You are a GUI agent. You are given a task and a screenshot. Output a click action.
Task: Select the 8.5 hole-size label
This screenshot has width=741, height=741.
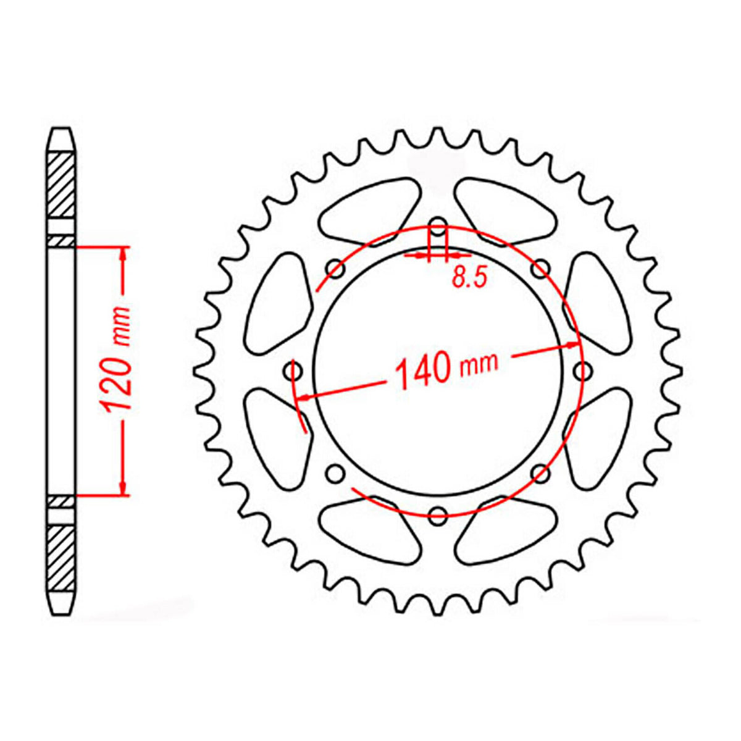point(469,278)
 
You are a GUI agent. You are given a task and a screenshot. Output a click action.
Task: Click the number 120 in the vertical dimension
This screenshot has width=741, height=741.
point(117,387)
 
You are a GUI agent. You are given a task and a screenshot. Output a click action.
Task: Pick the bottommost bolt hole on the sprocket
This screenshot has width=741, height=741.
point(437,513)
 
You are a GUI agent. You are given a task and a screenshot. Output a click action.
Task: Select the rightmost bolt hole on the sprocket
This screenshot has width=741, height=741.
point(582,371)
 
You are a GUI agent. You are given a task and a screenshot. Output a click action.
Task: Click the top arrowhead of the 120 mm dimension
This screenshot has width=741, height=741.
point(124,254)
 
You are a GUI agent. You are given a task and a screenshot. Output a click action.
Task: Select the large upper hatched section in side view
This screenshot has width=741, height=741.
point(62,184)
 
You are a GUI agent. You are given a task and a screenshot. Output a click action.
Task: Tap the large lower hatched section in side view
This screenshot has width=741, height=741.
point(62,558)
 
